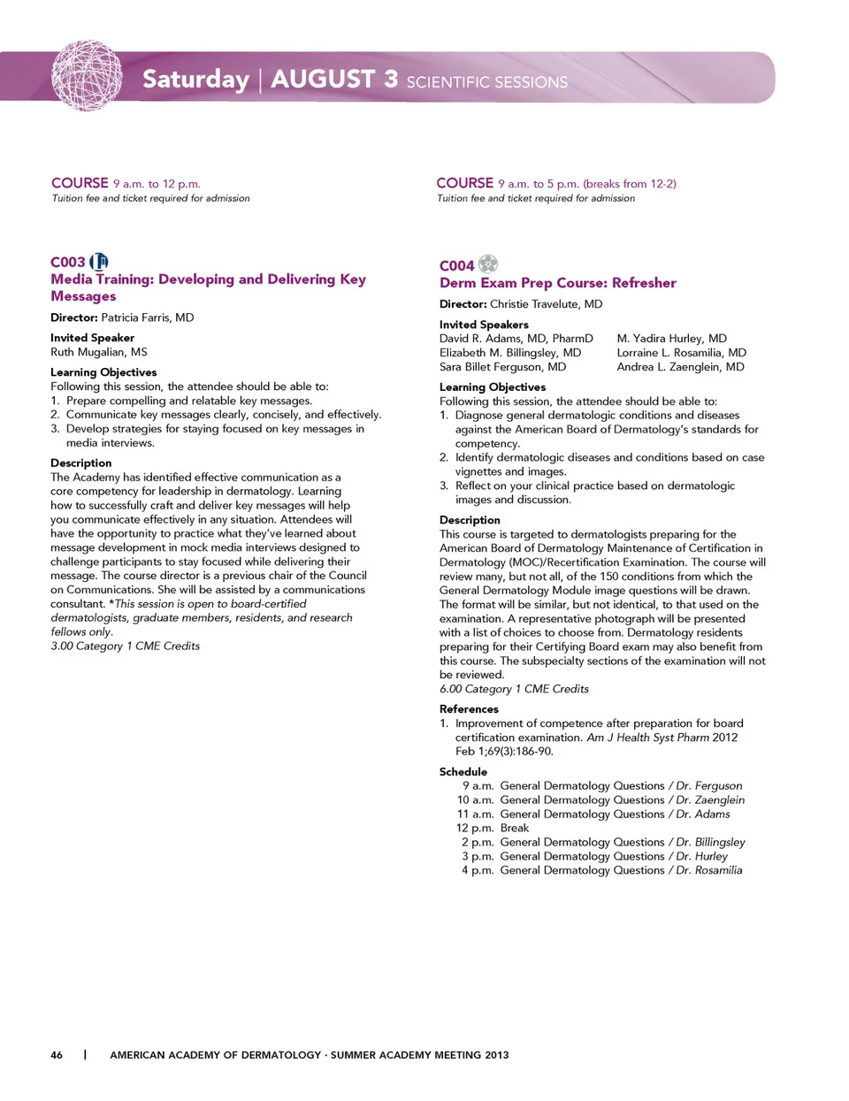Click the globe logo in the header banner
pyautogui.click(x=86, y=76)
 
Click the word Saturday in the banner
pyautogui.click(x=195, y=80)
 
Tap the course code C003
pyautogui.click(x=68, y=263)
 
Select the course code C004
pyautogui.click(x=456, y=266)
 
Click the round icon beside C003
pyautogui.click(x=100, y=262)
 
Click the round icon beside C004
pyautogui.click(x=488, y=264)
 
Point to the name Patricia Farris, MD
pyautogui.click(x=147, y=317)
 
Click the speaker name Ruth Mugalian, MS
pyautogui.click(x=99, y=352)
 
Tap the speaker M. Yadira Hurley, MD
pyautogui.click(x=672, y=339)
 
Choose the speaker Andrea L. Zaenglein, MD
pyautogui.click(x=680, y=367)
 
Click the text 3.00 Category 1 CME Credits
pyautogui.click(x=125, y=646)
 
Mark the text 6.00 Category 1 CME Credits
pyautogui.click(x=514, y=689)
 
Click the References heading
pyautogui.click(x=469, y=709)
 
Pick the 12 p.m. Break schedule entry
pyautogui.click(x=493, y=829)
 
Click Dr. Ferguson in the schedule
pyautogui.click(x=708, y=786)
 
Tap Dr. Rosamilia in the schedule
pyautogui.click(x=708, y=871)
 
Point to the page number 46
pyautogui.click(x=57, y=1055)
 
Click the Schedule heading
pyautogui.click(x=463, y=772)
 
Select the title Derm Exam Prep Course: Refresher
pyautogui.click(x=557, y=283)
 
